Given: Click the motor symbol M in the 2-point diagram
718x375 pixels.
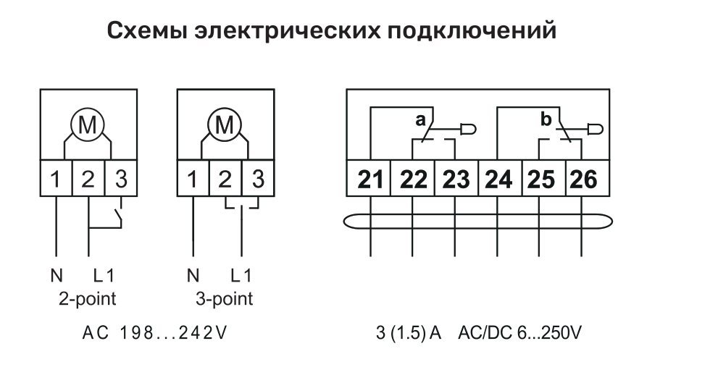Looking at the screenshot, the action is (x=88, y=125).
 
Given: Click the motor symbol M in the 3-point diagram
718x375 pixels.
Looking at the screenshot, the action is (x=225, y=125).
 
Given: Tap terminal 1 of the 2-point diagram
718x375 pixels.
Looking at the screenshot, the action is (x=56, y=178).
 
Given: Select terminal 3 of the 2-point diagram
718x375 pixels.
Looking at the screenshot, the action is (x=121, y=178).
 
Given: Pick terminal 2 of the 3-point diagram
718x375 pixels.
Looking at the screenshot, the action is (x=225, y=178).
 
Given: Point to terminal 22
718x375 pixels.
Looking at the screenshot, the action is (x=412, y=179).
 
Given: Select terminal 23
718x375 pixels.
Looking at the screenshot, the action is (x=456, y=179).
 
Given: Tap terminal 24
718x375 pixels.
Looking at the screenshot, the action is (x=498, y=179).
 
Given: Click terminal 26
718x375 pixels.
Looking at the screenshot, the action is (x=584, y=179).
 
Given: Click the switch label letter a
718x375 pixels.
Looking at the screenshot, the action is (x=420, y=120).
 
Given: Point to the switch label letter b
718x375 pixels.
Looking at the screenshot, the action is (x=546, y=119).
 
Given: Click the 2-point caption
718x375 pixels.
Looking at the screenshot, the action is (x=88, y=299).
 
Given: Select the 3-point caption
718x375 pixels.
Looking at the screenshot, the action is (x=225, y=299).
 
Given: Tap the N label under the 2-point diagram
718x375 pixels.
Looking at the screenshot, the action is (x=57, y=276).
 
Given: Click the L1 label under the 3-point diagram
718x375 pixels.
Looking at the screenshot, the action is (x=241, y=276).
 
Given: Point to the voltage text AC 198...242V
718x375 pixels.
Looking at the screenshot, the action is (x=154, y=333).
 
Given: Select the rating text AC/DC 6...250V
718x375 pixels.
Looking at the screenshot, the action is (x=519, y=333).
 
